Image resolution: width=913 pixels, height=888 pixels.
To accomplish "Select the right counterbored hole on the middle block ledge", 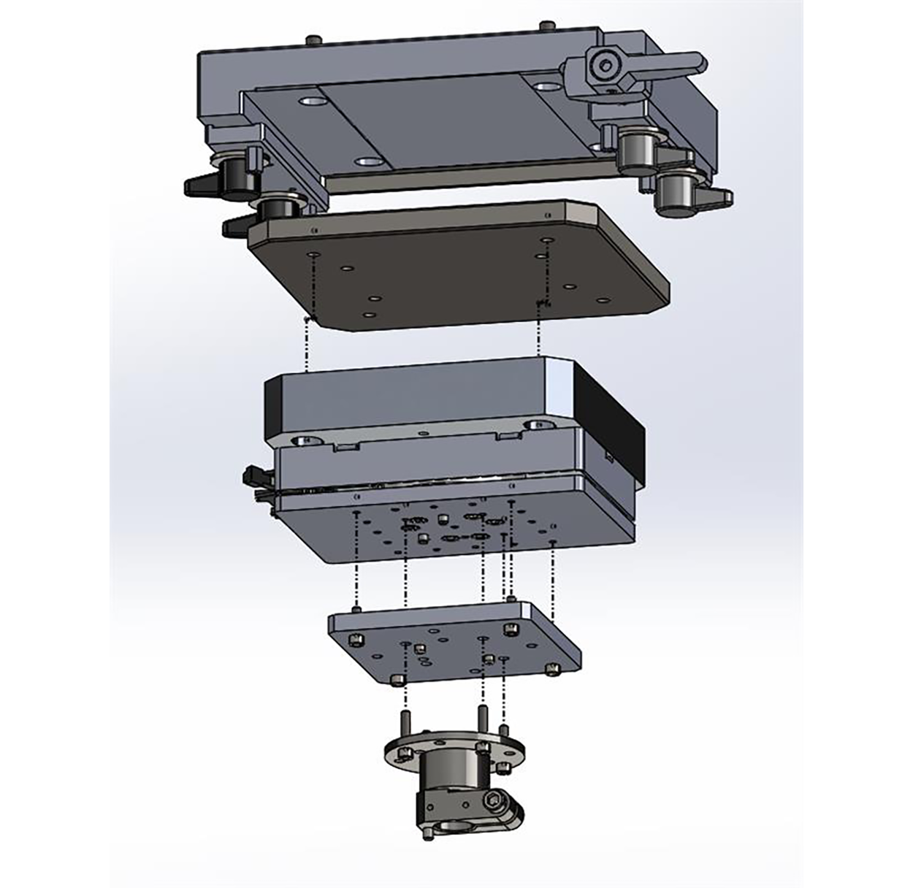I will click(x=536, y=424).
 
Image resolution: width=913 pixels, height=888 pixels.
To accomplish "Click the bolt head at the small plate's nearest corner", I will click(x=397, y=681).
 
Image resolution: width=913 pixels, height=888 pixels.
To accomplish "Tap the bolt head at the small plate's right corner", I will click(x=553, y=667).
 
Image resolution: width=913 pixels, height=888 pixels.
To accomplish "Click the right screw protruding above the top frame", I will click(x=545, y=26).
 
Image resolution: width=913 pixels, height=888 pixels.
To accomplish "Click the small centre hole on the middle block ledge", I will click(x=421, y=432).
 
